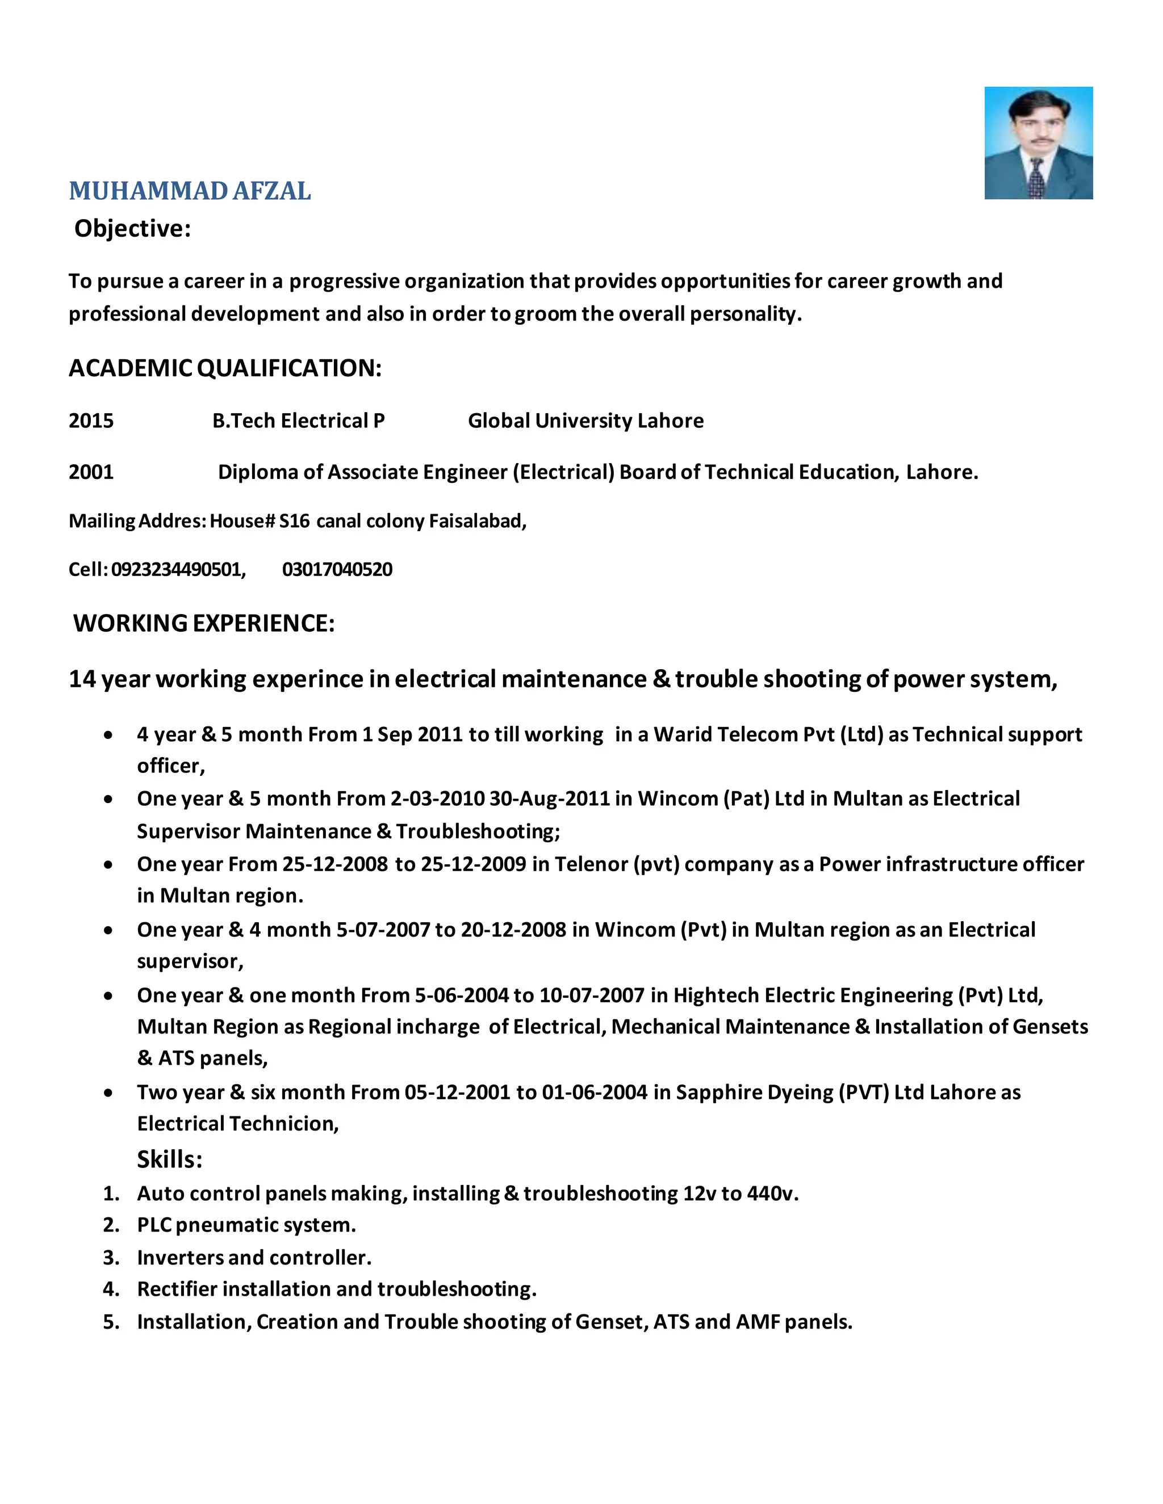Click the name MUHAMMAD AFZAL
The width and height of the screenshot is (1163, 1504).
[x=190, y=191]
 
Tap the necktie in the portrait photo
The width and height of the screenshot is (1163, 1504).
[x=1036, y=179]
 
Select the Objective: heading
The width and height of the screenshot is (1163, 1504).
[x=132, y=229]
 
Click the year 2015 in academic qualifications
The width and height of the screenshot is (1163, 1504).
[x=91, y=421]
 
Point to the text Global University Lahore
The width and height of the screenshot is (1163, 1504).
[x=585, y=421]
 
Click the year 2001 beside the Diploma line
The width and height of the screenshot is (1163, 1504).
[x=91, y=472]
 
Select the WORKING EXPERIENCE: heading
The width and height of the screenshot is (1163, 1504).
[x=204, y=623]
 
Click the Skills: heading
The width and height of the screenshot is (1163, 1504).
[x=169, y=1159]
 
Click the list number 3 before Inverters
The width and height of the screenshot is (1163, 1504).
[x=110, y=1258]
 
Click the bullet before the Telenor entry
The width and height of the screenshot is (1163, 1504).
[x=108, y=865]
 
